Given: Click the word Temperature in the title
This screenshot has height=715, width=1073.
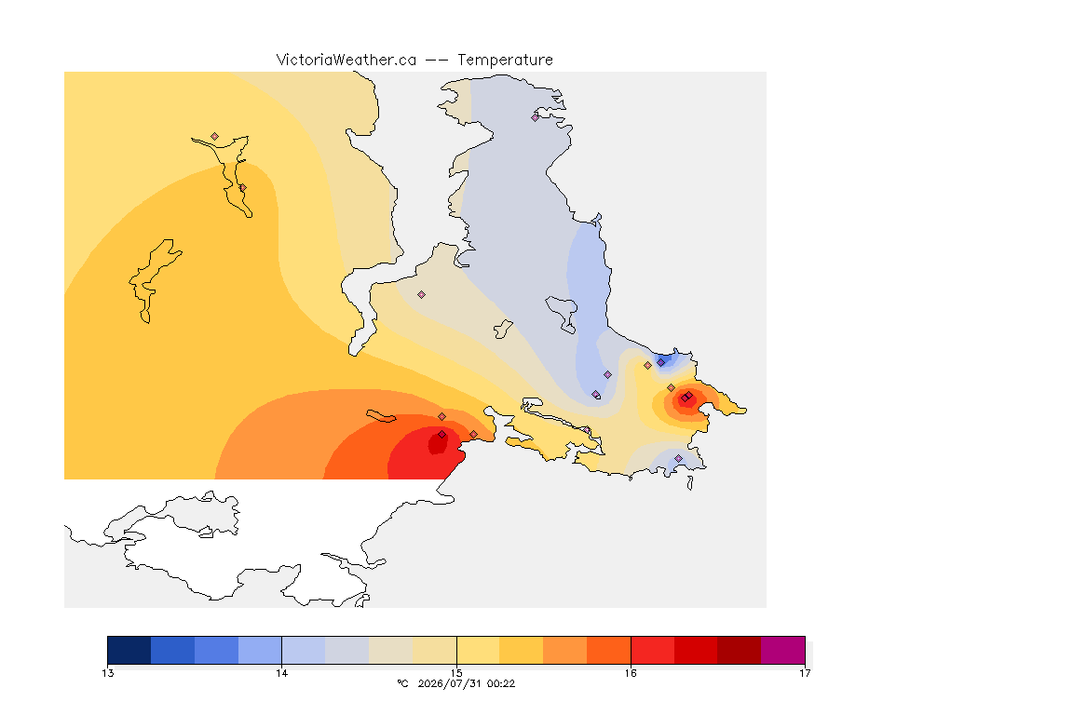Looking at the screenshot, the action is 505,61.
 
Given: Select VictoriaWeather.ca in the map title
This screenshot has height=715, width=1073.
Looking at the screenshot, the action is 346,61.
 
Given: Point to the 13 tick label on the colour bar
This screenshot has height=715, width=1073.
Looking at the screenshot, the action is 107,673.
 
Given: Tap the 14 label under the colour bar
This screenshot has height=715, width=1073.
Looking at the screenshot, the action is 282,673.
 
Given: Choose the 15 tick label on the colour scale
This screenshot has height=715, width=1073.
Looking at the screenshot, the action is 456,673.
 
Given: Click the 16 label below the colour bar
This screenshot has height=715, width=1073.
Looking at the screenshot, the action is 631,673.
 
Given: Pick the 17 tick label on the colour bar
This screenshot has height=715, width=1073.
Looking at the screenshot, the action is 805,673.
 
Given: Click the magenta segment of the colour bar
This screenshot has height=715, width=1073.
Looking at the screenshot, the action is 782,650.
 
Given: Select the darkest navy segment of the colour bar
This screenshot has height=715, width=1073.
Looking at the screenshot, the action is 129,650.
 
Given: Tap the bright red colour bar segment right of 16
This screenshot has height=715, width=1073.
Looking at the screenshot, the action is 652,650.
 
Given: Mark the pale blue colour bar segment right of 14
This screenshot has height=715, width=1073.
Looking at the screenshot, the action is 303,650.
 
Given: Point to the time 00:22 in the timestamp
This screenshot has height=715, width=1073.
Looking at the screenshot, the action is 501,683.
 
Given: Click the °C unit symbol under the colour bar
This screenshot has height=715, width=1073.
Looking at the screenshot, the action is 402,683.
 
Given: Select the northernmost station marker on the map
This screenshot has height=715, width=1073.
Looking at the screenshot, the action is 536,117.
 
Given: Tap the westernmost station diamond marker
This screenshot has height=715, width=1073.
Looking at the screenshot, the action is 215,137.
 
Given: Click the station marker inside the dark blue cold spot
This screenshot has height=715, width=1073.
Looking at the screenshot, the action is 661,363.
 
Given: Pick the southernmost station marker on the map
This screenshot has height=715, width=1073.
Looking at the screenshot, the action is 679,458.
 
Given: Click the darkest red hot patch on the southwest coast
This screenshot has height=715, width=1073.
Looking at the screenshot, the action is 438,442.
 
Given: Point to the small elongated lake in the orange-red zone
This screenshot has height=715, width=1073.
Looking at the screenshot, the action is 381,416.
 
